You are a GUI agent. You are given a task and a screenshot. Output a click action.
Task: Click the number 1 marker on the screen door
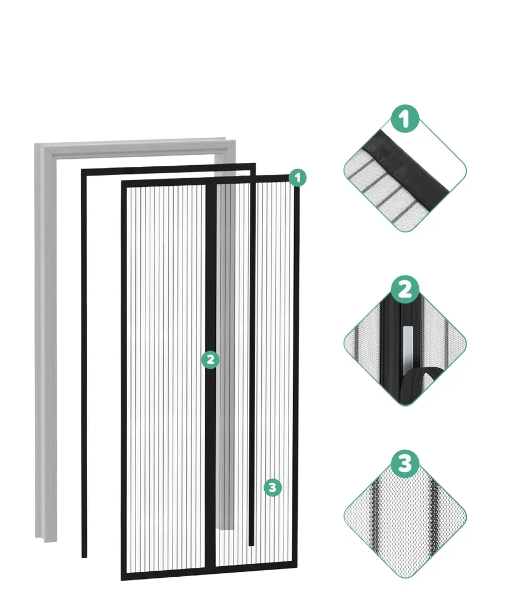click(x=297, y=178)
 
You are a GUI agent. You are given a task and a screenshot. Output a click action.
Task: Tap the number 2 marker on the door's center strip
click(x=210, y=360)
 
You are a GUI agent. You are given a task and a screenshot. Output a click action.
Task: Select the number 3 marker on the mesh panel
click(x=272, y=487)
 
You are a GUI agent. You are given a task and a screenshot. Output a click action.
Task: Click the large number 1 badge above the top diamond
click(x=405, y=119)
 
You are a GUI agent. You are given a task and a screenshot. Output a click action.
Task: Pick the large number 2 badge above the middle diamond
click(x=405, y=290)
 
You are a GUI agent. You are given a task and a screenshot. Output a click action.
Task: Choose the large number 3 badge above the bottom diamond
click(x=405, y=464)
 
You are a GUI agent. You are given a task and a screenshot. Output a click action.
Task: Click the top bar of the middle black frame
click(x=168, y=170)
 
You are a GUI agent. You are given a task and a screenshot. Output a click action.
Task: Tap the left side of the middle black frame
click(x=84, y=364)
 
